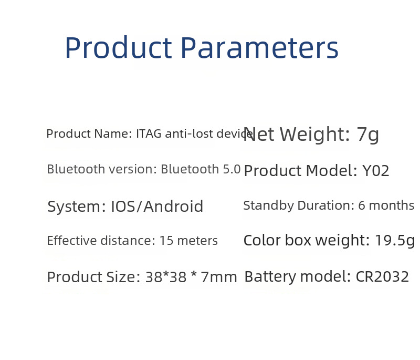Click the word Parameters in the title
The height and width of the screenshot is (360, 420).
click(x=260, y=48)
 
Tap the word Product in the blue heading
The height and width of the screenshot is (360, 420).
click(x=119, y=48)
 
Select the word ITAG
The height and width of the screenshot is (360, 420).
click(x=149, y=133)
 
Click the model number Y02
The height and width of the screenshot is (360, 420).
click(x=375, y=171)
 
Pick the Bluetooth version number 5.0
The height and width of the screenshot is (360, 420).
click(x=232, y=169)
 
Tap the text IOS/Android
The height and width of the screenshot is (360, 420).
click(x=157, y=207)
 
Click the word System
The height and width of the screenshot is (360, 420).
click(x=77, y=207)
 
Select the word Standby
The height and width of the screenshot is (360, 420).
click(x=268, y=206)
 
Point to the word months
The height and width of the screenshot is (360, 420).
click(x=391, y=205)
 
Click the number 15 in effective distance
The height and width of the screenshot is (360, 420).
click(x=166, y=241)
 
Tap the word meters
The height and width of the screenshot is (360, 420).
click(x=197, y=241)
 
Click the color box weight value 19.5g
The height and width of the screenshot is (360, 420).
click(x=395, y=241)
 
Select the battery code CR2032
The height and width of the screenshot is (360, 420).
click(x=382, y=276)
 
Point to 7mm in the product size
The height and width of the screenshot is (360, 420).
click(x=219, y=277)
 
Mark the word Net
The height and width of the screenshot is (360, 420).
click(x=259, y=135)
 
